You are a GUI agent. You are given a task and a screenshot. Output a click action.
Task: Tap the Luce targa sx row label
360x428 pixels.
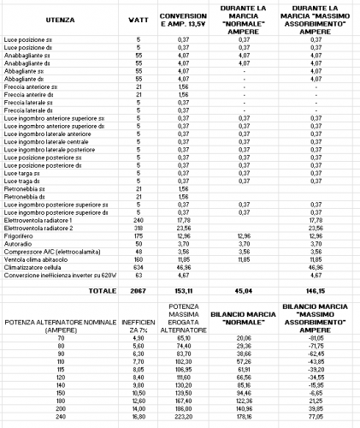[x=21, y=172]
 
